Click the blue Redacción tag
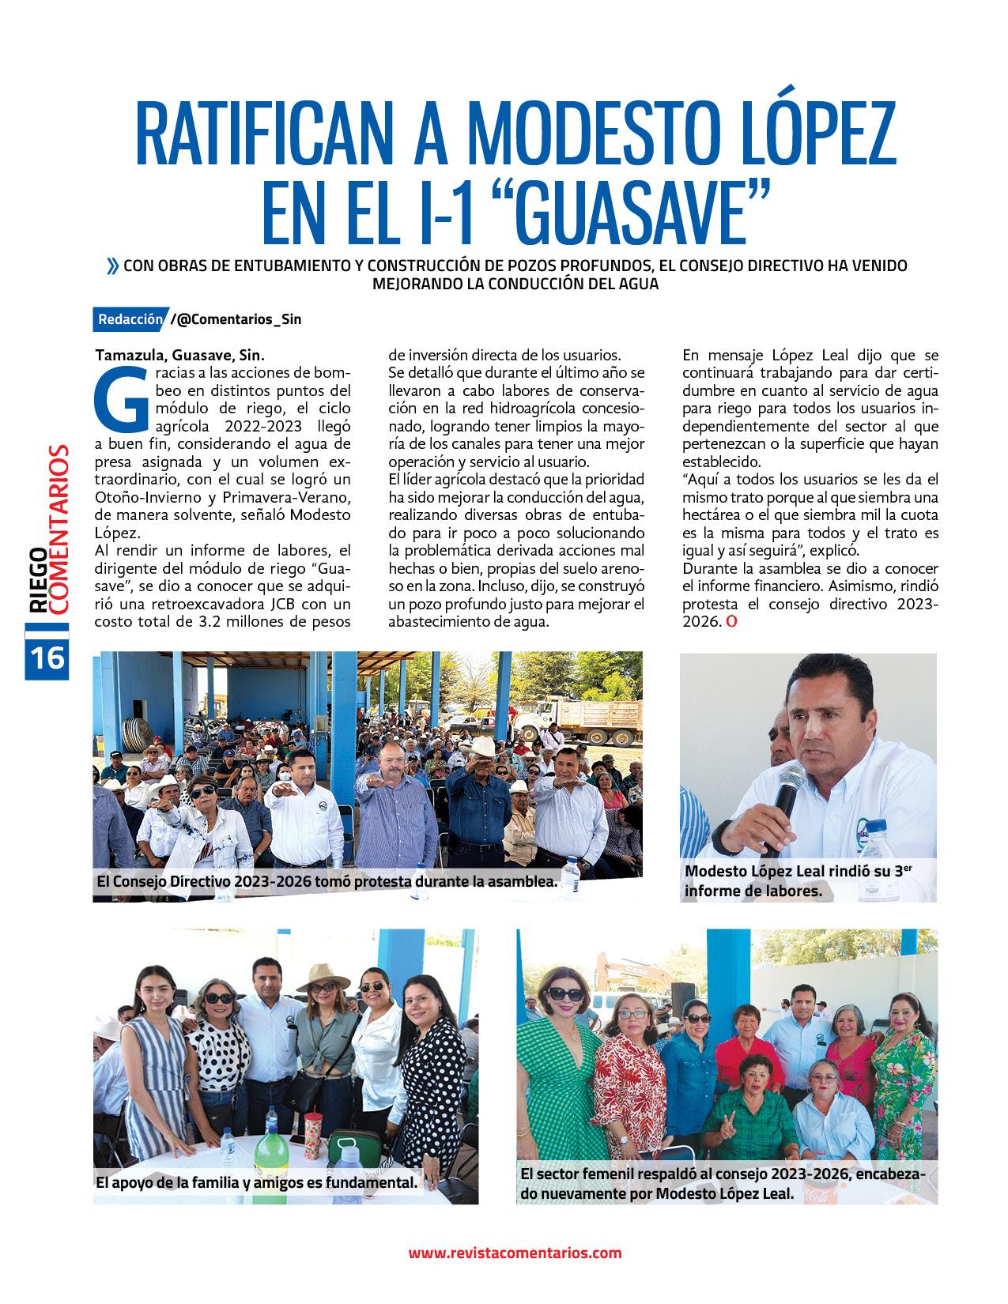coord(129,319)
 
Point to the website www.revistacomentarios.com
coord(515,1253)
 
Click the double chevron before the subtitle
coord(113,266)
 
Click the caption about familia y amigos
coord(256,1182)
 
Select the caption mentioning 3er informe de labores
coord(798,880)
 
